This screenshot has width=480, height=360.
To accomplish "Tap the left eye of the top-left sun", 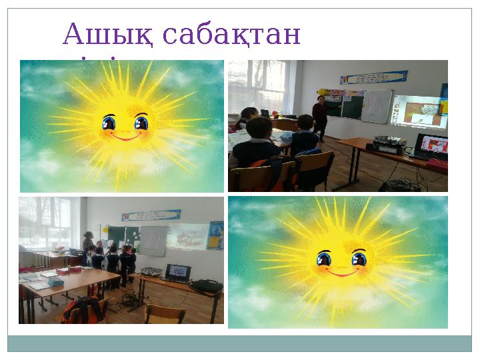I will (x=109, y=123).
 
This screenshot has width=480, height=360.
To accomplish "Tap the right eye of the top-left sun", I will (x=141, y=123).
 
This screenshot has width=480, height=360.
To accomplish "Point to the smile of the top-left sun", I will (x=125, y=137).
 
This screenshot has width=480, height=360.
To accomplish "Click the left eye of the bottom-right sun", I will (x=324, y=258).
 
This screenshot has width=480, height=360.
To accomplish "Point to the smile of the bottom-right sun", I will (x=341, y=272).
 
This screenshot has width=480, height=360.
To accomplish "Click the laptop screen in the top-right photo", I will (x=431, y=144).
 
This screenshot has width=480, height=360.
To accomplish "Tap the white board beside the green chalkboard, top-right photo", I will (x=377, y=106).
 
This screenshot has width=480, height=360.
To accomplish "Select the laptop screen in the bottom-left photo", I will (x=177, y=271).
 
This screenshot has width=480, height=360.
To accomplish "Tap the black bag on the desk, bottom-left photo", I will (x=205, y=285).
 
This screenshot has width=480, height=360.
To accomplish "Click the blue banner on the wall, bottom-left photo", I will (x=151, y=215).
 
